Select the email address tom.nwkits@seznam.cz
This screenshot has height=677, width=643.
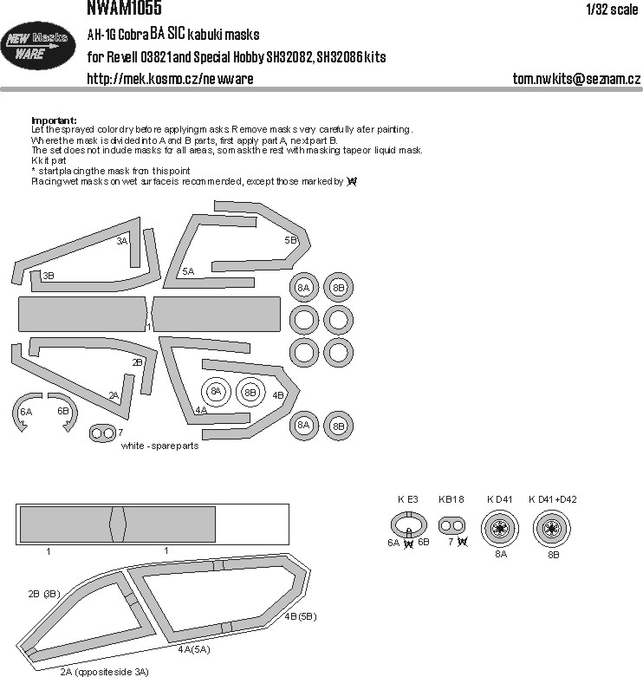(x=576, y=79)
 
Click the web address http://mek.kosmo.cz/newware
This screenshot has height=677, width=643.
(x=171, y=79)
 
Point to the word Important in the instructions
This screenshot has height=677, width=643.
(x=54, y=120)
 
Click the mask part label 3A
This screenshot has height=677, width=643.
(x=121, y=241)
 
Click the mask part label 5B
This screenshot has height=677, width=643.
(x=290, y=239)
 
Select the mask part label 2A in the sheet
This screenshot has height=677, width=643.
(x=114, y=395)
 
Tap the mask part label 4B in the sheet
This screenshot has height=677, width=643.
(x=278, y=394)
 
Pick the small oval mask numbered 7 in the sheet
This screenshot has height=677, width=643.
(x=102, y=432)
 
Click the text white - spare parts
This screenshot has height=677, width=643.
(x=160, y=446)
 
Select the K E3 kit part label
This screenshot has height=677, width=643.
(x=407, y=499)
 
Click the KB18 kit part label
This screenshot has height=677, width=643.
(x=452, y=499)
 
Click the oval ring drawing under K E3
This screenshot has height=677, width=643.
(x=407, y=525)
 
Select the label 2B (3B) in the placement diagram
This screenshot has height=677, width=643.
(x=42, y=593)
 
